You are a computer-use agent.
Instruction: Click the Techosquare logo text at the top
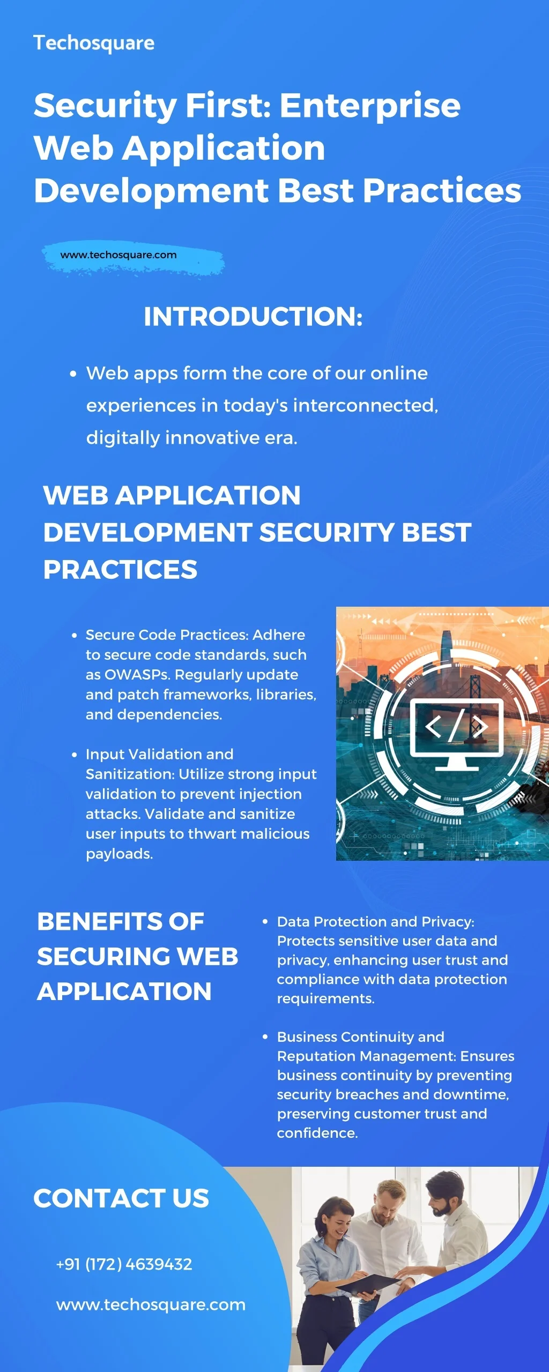pos(94,43)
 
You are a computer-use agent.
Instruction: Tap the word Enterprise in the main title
pos(370,105)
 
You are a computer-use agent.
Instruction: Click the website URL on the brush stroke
pos(118,255)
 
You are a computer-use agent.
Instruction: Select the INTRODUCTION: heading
pos(253,316)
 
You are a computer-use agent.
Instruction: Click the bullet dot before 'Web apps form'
pos(73,374)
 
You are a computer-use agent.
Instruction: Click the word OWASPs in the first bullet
pos(136,675)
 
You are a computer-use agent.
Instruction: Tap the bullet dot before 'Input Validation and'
pos(75,755)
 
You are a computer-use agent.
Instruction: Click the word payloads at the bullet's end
pos(119,854)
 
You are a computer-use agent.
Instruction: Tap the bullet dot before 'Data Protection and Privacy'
pos(265,922)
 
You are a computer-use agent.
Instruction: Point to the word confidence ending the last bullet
pos(317,1133)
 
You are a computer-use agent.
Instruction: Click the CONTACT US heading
pos(121,1198)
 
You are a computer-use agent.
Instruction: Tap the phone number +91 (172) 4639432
pos(124,1264)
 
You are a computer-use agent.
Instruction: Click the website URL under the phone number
pos(151,1304)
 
